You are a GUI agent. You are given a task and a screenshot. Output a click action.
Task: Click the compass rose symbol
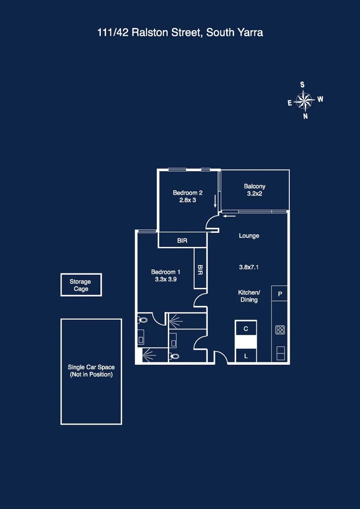point(304,100)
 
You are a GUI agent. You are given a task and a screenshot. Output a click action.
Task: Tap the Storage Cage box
point(81,285)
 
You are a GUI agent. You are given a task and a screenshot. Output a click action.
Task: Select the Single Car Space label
point(91,370)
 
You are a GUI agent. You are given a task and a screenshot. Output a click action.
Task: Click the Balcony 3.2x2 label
point(254,190)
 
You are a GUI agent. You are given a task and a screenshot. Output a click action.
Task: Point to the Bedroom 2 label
point(188,193)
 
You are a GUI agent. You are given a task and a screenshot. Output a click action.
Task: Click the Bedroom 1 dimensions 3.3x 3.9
point(165,279)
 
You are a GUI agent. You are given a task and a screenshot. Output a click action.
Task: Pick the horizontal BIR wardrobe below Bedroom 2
point(182,240)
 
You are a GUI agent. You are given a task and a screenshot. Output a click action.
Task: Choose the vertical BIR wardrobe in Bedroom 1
point(200,269)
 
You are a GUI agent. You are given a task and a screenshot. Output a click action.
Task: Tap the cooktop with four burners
point(280,330)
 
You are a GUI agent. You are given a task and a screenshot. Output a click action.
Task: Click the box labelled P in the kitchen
point(280,294)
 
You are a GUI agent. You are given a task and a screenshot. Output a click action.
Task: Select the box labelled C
point(245,328)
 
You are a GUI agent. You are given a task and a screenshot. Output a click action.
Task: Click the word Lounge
point(249,236)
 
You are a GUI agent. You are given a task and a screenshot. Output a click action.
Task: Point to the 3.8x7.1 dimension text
point(249,267)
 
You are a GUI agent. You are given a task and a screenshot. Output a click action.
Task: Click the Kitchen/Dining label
point(248,296)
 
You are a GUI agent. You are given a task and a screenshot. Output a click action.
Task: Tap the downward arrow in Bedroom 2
point(215,202)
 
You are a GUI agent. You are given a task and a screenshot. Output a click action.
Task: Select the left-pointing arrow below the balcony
point(229,216)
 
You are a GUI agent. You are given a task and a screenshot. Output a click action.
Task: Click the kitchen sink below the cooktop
point(280,353)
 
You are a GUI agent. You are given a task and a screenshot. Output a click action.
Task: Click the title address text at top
point(180,33)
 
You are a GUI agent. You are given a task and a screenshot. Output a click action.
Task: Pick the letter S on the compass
point(302,85)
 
